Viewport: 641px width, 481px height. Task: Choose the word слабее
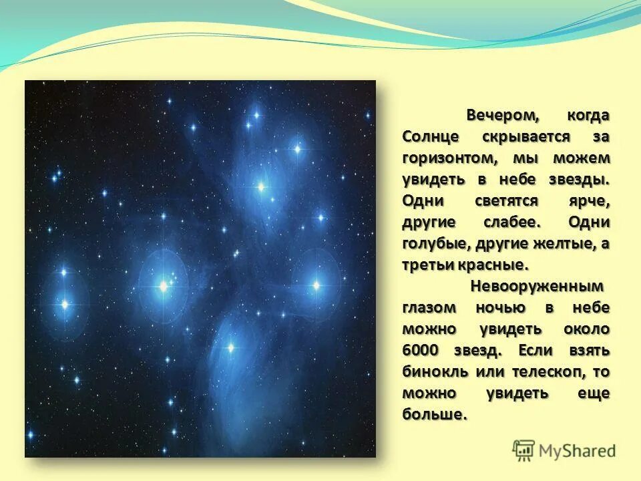click(x=513, y=222)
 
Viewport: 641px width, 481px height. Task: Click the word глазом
click(x=429, y=307)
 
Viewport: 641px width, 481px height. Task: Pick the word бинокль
click(x=431, y=371)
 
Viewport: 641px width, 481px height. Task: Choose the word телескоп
click(x=538, y=371)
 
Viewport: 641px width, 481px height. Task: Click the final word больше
click(x=434, y=414)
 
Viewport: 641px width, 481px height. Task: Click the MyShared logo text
click(x=578, y=451)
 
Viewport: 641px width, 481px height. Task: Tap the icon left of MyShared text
click(x=524, y=450)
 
